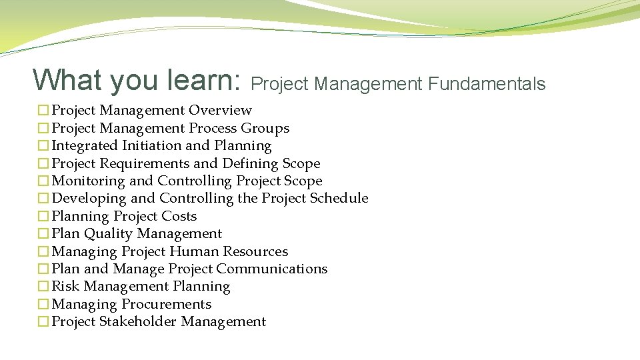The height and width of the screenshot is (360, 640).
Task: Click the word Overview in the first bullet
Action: coord(220,110)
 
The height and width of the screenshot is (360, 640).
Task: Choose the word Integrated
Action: coord(85,145)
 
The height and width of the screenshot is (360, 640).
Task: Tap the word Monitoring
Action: coord(88,181)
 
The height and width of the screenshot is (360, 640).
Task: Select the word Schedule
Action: coord(335,198)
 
